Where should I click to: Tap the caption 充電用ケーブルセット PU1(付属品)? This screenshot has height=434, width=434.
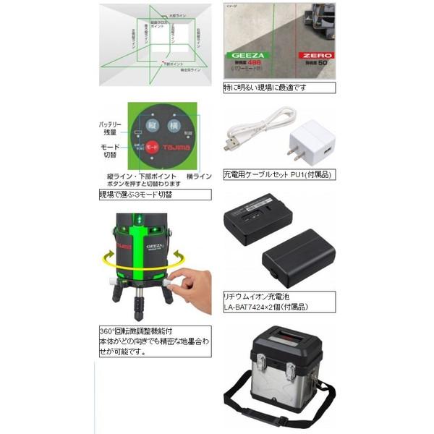click(277, 174)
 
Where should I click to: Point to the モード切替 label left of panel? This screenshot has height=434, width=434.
click(110, 150)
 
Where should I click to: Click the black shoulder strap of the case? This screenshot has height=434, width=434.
click(275, 418)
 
